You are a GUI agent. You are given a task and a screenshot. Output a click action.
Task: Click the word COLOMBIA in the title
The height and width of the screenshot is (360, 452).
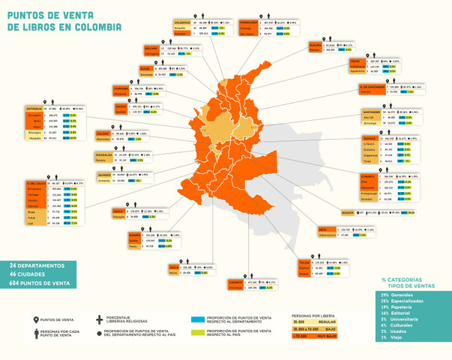(x=96, y=28)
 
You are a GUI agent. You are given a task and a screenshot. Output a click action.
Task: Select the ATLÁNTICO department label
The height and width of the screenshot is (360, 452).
(x=181, y=23)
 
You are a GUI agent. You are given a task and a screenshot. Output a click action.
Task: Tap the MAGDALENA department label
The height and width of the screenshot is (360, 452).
(x=248, y=23)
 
